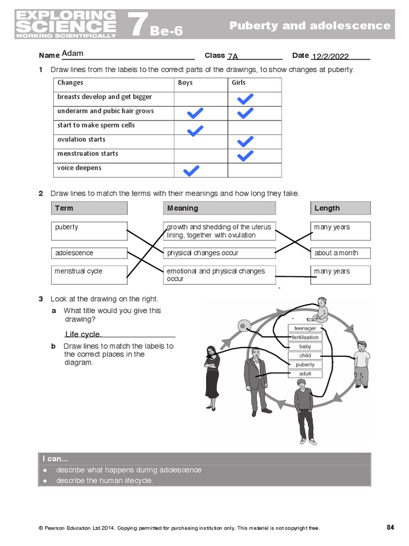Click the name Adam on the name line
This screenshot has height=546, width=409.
tap(72, 53)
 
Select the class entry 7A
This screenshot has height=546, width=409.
tap(233, 57)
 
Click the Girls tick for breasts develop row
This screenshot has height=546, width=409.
tap(245, 99)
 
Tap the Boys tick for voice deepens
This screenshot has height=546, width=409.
tap(191, 171)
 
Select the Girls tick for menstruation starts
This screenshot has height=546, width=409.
tap(245, 156)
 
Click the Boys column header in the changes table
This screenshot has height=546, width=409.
tap(185, 83)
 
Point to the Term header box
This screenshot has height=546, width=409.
tap(89, 208)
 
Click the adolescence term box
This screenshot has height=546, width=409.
tap(89, 253)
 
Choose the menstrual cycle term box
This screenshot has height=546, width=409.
tap(89, 275)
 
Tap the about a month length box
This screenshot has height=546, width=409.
tap(340, 253)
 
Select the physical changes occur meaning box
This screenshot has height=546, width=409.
tap(219, 253)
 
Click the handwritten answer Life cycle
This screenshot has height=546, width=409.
tap(83, 334)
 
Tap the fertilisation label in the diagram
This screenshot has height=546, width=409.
tap(305, 338)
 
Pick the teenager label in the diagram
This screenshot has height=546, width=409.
tap(305, 328)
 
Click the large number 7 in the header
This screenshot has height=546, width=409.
tap(136, 25)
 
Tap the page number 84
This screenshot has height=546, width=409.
tap(390, 527)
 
